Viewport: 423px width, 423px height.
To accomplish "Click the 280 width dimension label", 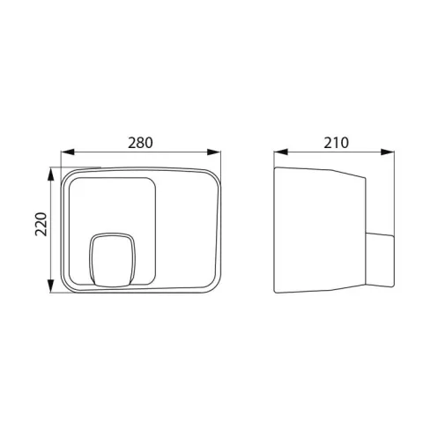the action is point(140,143).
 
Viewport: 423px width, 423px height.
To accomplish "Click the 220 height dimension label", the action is point(41,224).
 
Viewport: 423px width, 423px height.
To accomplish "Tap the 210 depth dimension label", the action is point(336,143).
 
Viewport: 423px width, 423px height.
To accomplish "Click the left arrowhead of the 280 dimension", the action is point(67,152).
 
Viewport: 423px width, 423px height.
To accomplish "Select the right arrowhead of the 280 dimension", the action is point(214,152).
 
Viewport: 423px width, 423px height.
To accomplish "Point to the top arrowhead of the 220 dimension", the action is point(51,174).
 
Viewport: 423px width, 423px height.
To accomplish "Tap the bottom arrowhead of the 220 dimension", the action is point(51,286).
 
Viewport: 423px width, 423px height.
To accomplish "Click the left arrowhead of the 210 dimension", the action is point(280,152).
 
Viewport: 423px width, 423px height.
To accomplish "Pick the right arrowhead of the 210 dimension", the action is point(388,152).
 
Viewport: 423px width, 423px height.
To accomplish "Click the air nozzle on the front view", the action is point(112,260).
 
